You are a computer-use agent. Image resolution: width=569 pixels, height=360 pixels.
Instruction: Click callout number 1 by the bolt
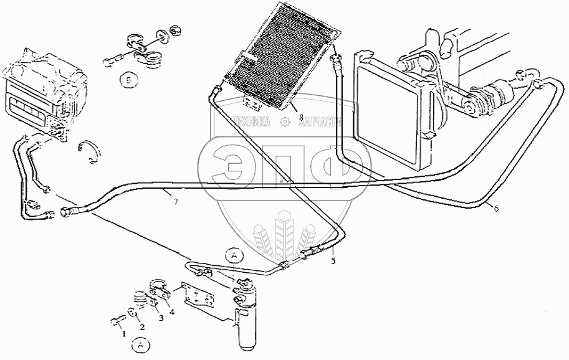(123, 334)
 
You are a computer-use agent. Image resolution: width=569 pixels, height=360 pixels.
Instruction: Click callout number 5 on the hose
(333, 260)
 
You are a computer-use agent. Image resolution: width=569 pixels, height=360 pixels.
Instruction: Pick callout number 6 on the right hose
(496, 209)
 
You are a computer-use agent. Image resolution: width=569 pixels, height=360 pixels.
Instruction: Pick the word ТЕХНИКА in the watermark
(253, 122)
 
